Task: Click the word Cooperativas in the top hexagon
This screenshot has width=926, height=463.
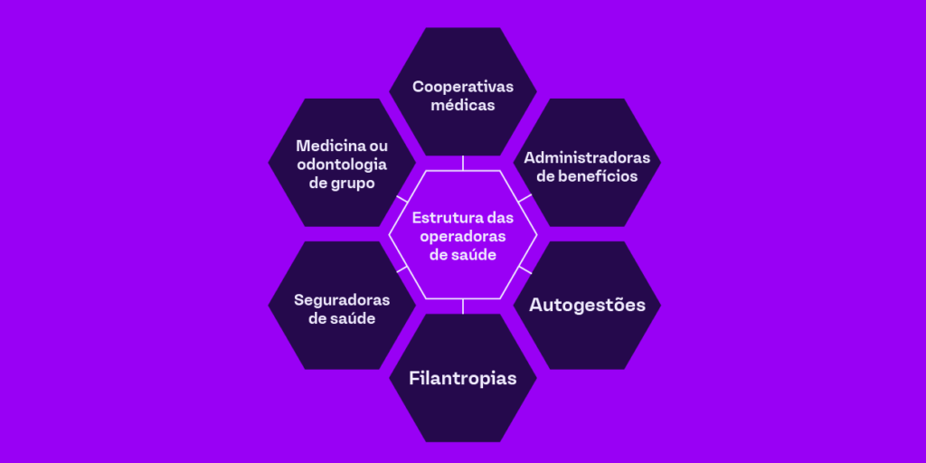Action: [463, 87]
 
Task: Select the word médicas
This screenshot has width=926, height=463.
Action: [463, 105]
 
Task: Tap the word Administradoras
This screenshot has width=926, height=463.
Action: [587, 157]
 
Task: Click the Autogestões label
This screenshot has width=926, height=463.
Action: [587, 305]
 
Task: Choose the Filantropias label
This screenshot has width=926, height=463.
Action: [463, 377]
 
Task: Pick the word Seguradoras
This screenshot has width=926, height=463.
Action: [342, 299]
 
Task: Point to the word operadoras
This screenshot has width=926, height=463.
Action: [463, 236]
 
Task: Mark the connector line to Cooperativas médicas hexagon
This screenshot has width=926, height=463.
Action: [463, 163]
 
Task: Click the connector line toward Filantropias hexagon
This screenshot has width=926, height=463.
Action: [463, 306]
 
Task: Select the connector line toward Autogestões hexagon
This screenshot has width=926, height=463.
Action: [525, 269]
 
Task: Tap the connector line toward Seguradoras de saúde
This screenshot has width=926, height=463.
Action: [402, 269]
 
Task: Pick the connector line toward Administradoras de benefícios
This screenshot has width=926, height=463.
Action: [525, 197]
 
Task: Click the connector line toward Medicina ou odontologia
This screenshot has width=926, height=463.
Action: [402, 198]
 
